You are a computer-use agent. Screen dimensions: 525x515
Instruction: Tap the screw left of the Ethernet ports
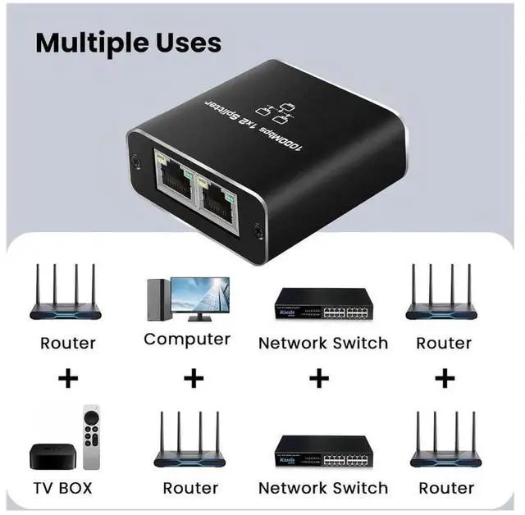click(133, 158)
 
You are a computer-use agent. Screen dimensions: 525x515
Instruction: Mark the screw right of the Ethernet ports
click(258, 232)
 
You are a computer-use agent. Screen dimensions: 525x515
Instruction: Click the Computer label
click(187, 339)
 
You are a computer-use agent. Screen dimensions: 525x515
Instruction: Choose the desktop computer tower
click(157, 300)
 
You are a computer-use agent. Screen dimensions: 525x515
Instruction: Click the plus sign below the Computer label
click(194, 379)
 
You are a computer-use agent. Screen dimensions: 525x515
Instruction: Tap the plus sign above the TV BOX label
click(68, 379)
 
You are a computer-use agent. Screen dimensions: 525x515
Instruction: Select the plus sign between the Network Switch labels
click(321, 379)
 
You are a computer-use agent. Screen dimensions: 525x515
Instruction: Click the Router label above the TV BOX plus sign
click(68, 343)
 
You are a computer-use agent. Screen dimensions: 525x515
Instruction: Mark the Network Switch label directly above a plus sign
click(322, 343)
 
